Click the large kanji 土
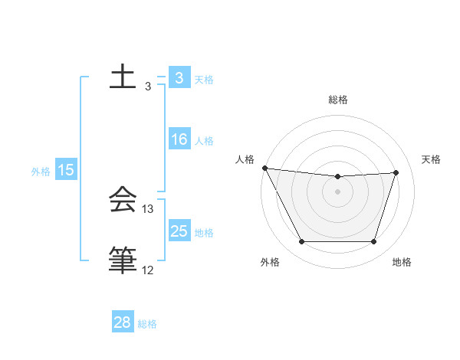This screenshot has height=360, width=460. (123, 77)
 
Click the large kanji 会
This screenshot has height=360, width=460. (123, 201)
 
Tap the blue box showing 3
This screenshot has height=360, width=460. (179, 78)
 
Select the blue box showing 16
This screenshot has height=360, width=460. (179, 139)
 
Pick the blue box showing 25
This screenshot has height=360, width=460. (179, 231)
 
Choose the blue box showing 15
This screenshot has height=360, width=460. (65, 170)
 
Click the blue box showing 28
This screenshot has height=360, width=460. (122, 322)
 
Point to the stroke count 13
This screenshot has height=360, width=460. (148, 208)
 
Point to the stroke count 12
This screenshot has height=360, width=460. (147, 270)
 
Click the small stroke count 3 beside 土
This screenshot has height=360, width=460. (148, 87)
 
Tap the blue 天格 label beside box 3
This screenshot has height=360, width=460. (204, 80)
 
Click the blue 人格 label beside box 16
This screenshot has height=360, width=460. (204, 141)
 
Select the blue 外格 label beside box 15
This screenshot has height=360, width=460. (41, 172)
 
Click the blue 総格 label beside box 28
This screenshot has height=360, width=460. (147, 324)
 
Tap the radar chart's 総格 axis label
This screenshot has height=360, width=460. (338, 100)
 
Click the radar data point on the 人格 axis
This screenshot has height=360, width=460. (264, 168)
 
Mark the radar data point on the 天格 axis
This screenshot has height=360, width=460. (396, 172)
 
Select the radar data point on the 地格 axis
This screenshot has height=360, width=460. (374, 242)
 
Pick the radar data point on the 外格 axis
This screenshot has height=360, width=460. (301, 242)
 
